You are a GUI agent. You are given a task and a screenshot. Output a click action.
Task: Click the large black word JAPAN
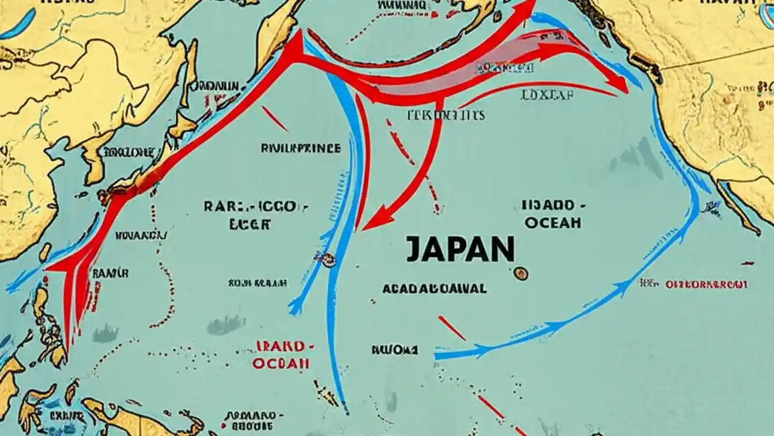tap(460, 249)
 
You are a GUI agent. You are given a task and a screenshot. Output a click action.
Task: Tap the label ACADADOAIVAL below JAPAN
tap(434, 289)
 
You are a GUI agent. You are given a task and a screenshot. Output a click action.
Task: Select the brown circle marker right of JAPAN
tap(520, 274)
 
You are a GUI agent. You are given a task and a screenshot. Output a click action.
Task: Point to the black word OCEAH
tap(553, 222)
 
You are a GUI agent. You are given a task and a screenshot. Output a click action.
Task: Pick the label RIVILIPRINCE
tap(301, 148)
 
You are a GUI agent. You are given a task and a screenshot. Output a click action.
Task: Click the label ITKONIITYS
tap(446, 115)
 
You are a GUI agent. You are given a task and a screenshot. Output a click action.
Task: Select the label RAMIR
tap(110, 273)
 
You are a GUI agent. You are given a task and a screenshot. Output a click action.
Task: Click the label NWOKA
tap(394, 349)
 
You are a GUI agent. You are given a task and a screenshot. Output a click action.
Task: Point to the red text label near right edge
tap(706, 284)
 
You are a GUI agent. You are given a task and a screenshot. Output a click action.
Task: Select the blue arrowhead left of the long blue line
tap(295, 306)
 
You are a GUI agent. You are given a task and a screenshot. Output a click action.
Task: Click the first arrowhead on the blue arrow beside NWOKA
tap(481, 350)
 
